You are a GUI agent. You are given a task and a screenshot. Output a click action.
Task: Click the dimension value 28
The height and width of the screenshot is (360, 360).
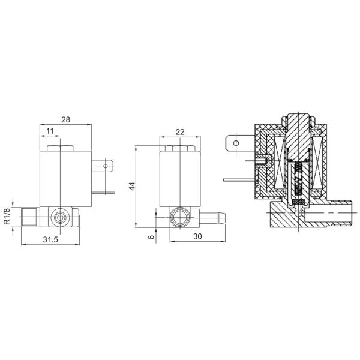65,119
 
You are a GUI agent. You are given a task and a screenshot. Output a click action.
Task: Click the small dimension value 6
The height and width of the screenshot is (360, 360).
151,236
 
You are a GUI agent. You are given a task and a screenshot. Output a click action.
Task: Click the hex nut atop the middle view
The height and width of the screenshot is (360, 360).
178,148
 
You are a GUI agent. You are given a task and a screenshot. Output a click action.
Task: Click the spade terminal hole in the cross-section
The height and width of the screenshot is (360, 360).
236,143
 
